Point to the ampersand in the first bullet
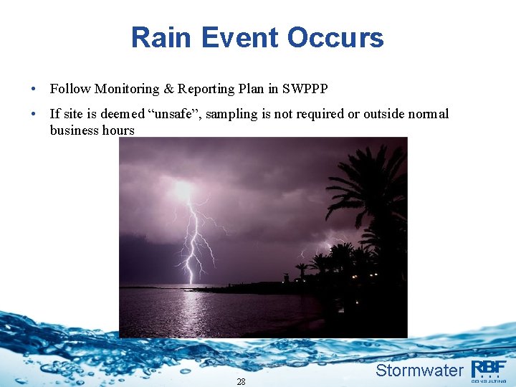[169, 89]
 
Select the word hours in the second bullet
[118, 130]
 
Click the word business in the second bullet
[74, 130]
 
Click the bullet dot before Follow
[34, 90]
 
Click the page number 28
[241, 382]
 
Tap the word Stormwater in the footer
[419, 371]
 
